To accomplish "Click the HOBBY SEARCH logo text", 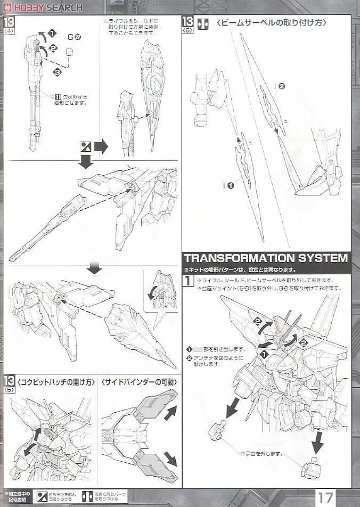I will [x=47, y=7].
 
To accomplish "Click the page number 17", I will [x=326, y=497].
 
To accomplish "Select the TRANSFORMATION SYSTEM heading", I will [x=266, y=258].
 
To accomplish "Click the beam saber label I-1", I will [x=228, y=185].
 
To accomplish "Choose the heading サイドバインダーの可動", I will [x=140, y=382].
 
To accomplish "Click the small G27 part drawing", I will [x=69, y=52].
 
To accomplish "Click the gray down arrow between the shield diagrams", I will [x=94, y=268].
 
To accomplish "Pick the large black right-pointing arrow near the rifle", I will [x=101, y=146].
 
